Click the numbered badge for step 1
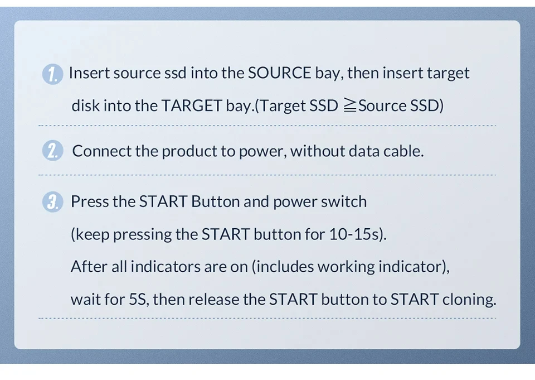[x=52, y=74]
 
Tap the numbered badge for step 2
[x=52, y=150]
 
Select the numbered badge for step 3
[x=52, y=201]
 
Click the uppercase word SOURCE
[x=279, y=73]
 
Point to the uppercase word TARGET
[x=191, y=105]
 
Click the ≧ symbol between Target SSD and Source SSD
[x=350, y=105]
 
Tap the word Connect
[x=101, y=151]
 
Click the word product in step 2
[x=189, y=151]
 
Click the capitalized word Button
[x=215, y=201]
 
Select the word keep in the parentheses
[x=92, y=235]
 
